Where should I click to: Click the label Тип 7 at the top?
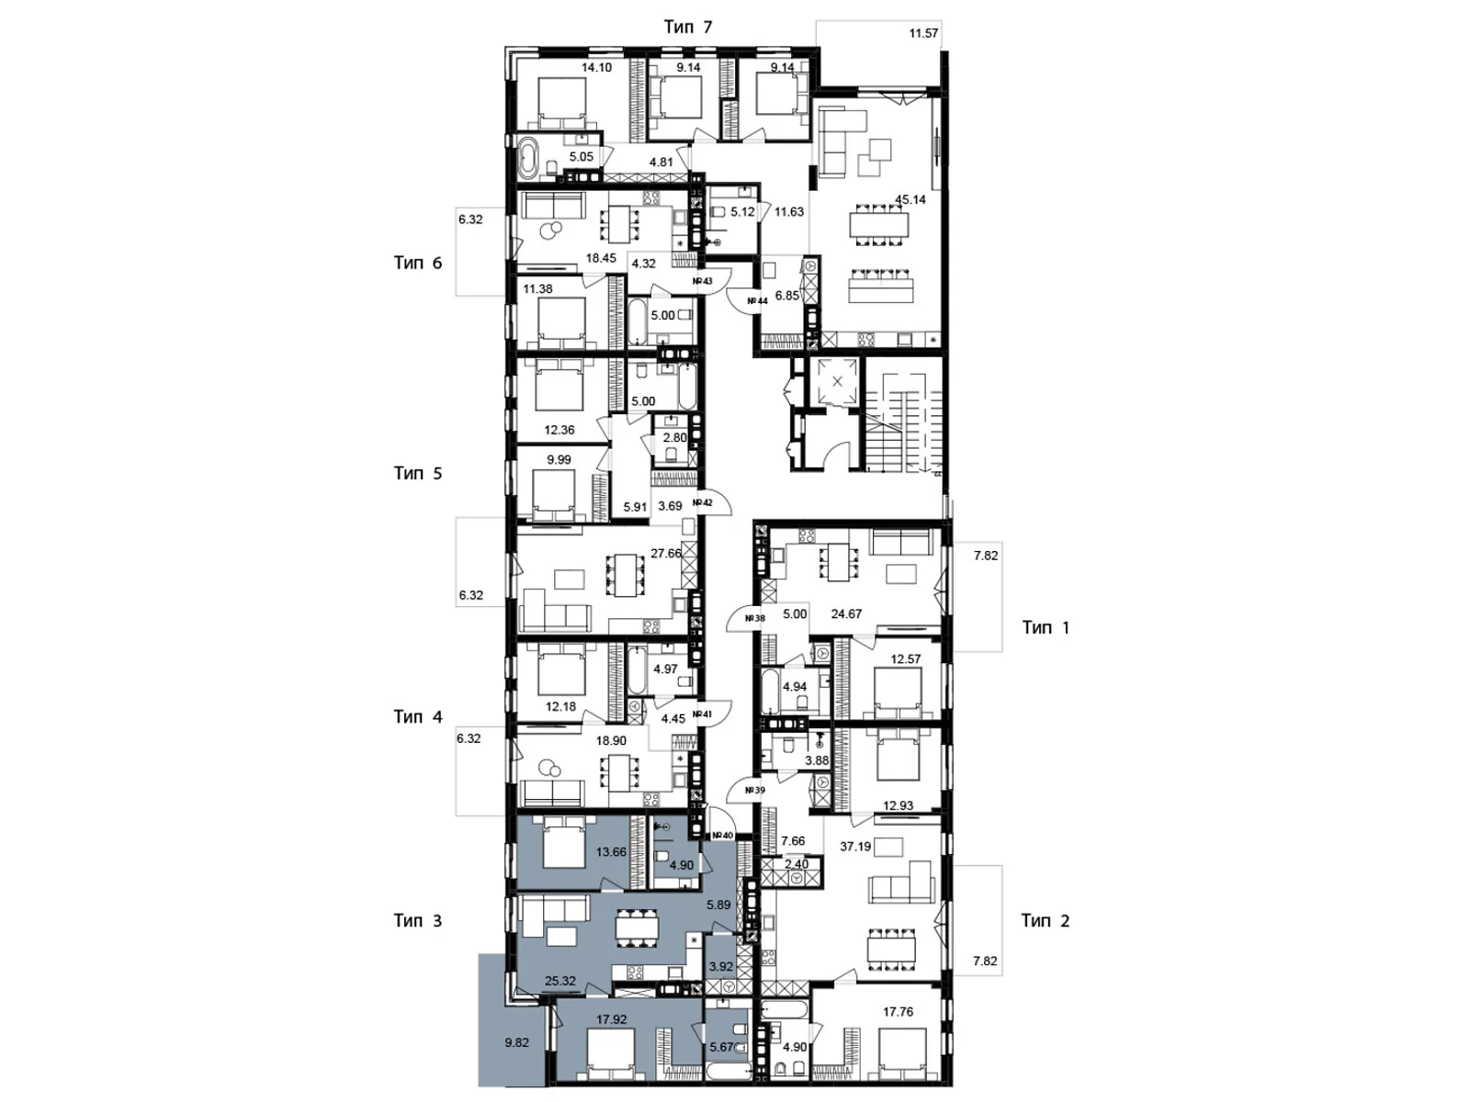pos(688,27)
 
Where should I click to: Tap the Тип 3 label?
pos(417,920)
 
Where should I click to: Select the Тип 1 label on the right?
pos(1046,627)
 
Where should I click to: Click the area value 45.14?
pos(910,199)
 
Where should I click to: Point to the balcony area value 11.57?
pos(923,33)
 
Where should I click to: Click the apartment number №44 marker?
pos(757,300)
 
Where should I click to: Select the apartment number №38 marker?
pos(754,618)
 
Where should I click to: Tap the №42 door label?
pos(703,502)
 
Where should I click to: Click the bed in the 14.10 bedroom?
pos(561,101)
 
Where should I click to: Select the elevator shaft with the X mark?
pos(837,380)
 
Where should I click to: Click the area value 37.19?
pos(855,846)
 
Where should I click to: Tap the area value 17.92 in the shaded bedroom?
pos(611,1018)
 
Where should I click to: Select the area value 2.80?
pos(674,438)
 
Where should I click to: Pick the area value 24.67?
pos(846,613)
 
